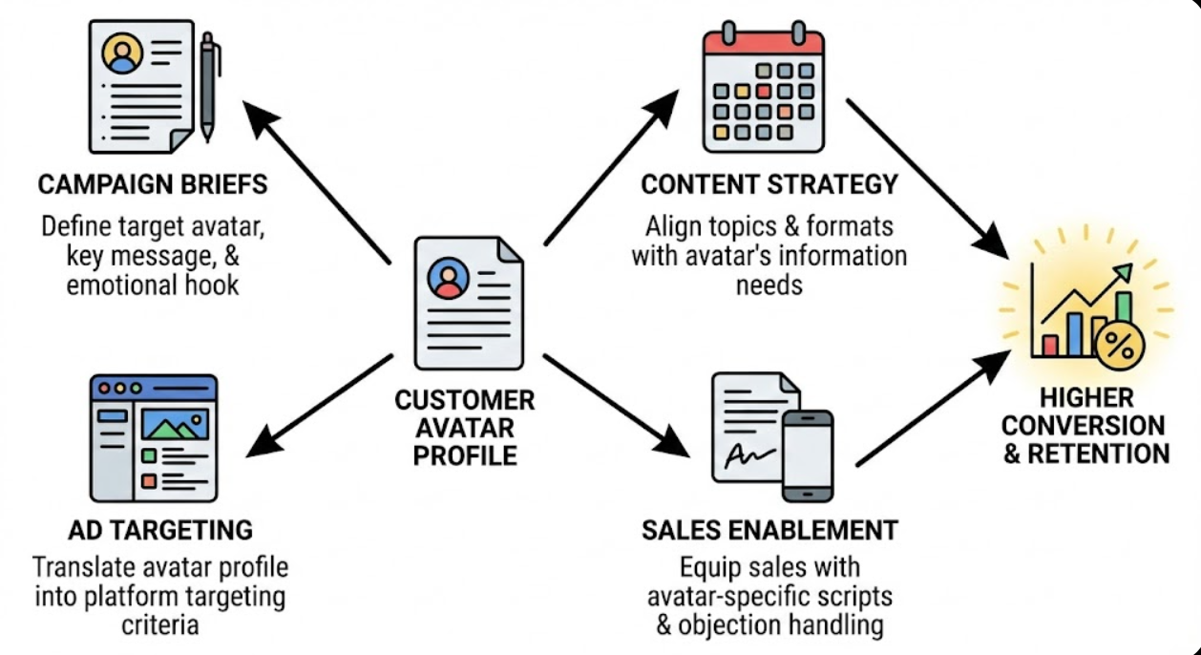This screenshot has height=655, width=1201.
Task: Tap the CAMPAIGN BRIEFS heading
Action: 153,183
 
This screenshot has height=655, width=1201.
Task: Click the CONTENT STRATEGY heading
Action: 769,183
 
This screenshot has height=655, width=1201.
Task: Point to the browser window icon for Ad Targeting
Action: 154,438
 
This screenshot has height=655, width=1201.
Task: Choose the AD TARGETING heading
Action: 160,529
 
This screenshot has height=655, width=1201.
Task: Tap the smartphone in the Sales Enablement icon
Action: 807,455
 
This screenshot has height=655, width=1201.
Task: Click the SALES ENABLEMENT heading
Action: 769,530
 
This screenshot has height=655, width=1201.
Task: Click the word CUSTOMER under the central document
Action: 465,399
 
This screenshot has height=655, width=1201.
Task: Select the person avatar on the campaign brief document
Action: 123,53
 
